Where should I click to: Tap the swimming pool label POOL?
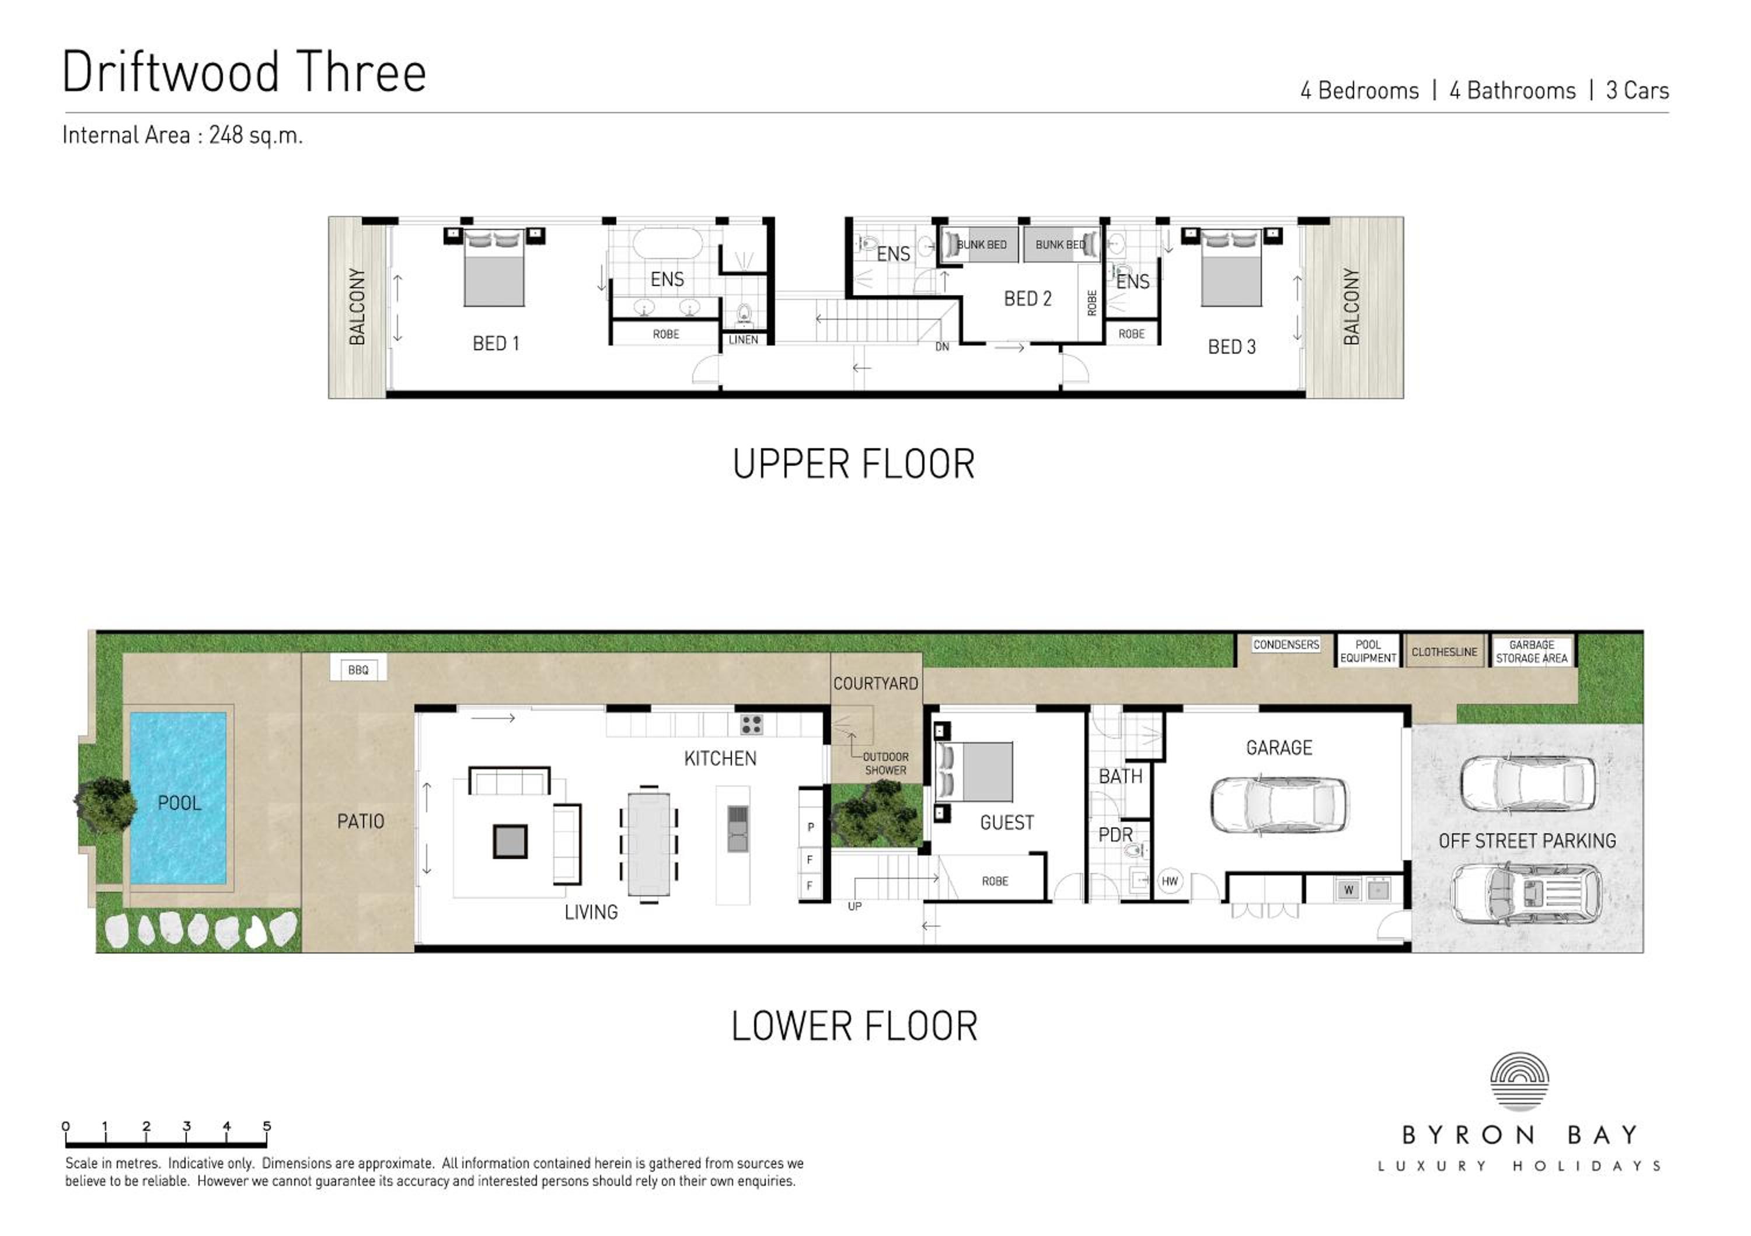tap(180, 803)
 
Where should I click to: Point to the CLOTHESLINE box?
tap(1445, 652)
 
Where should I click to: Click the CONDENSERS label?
tap(1286, 645)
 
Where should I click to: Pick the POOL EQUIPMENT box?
tap(1368, 651)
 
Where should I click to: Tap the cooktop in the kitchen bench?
tap(751, 724)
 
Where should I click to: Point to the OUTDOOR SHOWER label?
tap(885, 764)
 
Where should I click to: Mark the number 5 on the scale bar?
tap(267, 1126)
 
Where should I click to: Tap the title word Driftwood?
tap(172, 72)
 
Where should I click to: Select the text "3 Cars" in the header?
tap(1637, 90)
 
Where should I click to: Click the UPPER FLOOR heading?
tap(853, 465)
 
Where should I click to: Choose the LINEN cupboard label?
tap(744, 340)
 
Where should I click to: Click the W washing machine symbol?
tap(1348, 890)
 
